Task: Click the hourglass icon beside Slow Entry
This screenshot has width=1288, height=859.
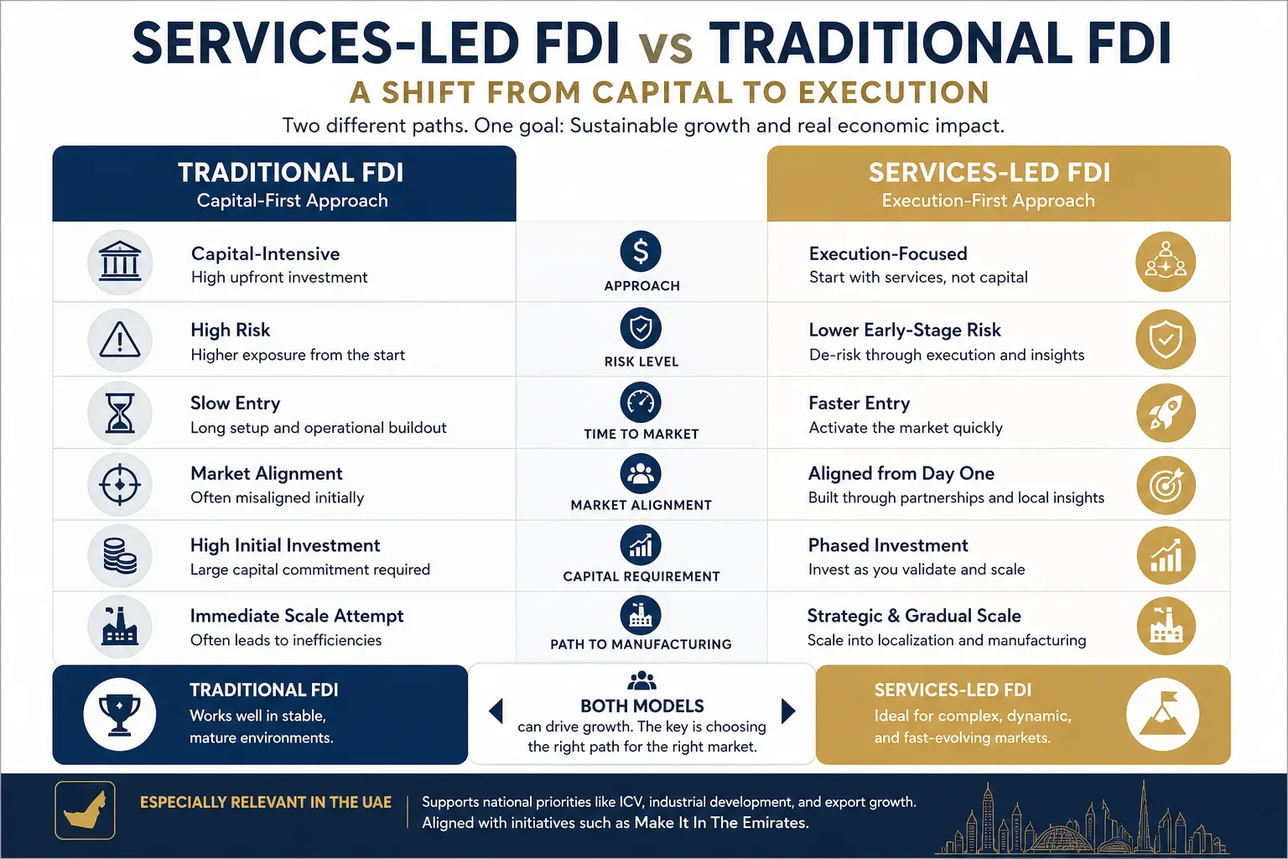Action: (120, 413)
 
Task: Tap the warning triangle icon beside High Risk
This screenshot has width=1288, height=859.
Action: (120, 340)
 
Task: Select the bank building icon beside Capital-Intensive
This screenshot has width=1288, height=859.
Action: (120, 263)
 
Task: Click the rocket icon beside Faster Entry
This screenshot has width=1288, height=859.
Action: (1166, 413)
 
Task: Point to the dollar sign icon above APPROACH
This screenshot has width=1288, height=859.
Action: (641, 251)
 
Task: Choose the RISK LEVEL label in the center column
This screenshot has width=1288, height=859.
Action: (641, 362)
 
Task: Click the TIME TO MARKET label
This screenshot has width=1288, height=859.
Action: (641, 434)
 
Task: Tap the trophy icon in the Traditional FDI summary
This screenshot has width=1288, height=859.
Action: (120, 714)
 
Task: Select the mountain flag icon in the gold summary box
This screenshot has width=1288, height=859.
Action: (1163, 714)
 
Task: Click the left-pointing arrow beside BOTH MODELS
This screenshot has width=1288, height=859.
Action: (496, 711)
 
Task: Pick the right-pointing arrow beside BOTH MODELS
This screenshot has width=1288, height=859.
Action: (787, 711)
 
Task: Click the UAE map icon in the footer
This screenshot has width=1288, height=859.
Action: (85, 810)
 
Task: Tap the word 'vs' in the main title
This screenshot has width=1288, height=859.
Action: (665, 47)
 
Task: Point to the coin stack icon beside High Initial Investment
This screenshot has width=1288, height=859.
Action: (120, 555)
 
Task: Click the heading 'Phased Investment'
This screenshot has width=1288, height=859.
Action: (888, 545)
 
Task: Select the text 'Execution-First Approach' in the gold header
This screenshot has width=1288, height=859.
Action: (988, 200)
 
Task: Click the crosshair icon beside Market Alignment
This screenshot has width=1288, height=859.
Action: (120, 484)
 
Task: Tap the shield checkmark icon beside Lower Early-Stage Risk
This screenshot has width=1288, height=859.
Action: (1166, 340)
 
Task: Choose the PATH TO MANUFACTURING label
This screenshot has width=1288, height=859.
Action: (641, 644)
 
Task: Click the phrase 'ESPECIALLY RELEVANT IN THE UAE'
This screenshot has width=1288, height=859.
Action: (266, 803)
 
